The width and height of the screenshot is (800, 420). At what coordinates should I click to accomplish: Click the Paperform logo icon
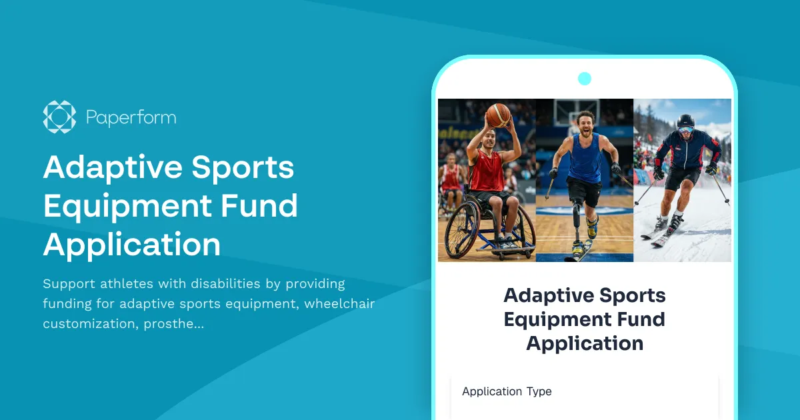pyautogui.click(x=59, y=117)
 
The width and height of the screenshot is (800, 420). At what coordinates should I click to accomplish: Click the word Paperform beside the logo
pyautogui.click(x=131, y=118)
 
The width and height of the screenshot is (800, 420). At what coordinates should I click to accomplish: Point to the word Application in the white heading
pyautogui.click(x=132, y=245)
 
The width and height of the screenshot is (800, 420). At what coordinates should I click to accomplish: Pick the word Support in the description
pyautogui.click(x=69, y=283)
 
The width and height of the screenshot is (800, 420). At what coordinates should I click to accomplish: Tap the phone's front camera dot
pyautogui.click(x=585, y=79)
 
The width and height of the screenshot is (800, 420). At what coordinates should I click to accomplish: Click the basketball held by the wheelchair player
pyautogui.click(x=498, y=115)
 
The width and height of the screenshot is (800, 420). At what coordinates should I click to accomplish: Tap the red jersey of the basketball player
pyautogui.click(x=486, y=171)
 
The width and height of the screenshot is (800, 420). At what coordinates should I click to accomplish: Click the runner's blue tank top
pyautogui.click(x=584, y=161)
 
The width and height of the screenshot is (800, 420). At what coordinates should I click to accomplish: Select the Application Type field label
pyautogui.click(x=507, y=391)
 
